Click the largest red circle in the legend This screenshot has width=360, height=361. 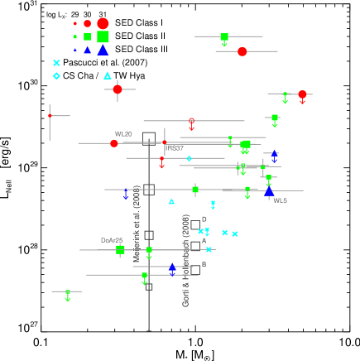[103, 23]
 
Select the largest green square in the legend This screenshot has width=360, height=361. [103, 36]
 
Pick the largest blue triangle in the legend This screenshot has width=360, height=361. [103, 50]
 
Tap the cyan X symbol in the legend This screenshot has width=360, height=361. [56, 63]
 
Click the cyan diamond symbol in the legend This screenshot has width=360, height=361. [56, 76]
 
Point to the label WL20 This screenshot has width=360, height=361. [123, 134]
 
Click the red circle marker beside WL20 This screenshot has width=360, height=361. [114, 143]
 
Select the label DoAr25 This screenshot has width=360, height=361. [112, 240]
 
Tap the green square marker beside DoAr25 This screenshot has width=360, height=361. [120, 249]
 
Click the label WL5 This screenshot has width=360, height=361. [281, 200]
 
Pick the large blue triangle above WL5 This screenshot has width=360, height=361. [269, 192]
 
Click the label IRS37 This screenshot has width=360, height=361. [175, 148]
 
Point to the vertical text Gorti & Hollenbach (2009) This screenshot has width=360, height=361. [185, 260]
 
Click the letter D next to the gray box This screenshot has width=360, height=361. [204, 219]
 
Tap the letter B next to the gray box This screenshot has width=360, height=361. [204, 265]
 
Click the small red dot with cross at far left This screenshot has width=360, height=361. [50, 116]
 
